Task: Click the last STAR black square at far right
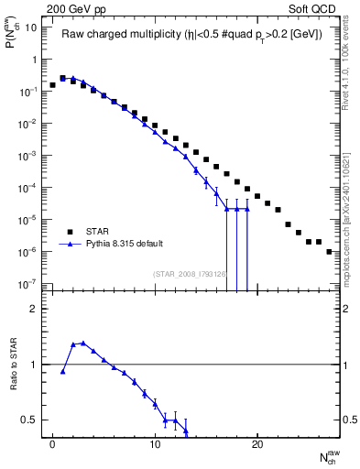tap(329, 251)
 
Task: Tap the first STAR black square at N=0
tap(52, 85)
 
